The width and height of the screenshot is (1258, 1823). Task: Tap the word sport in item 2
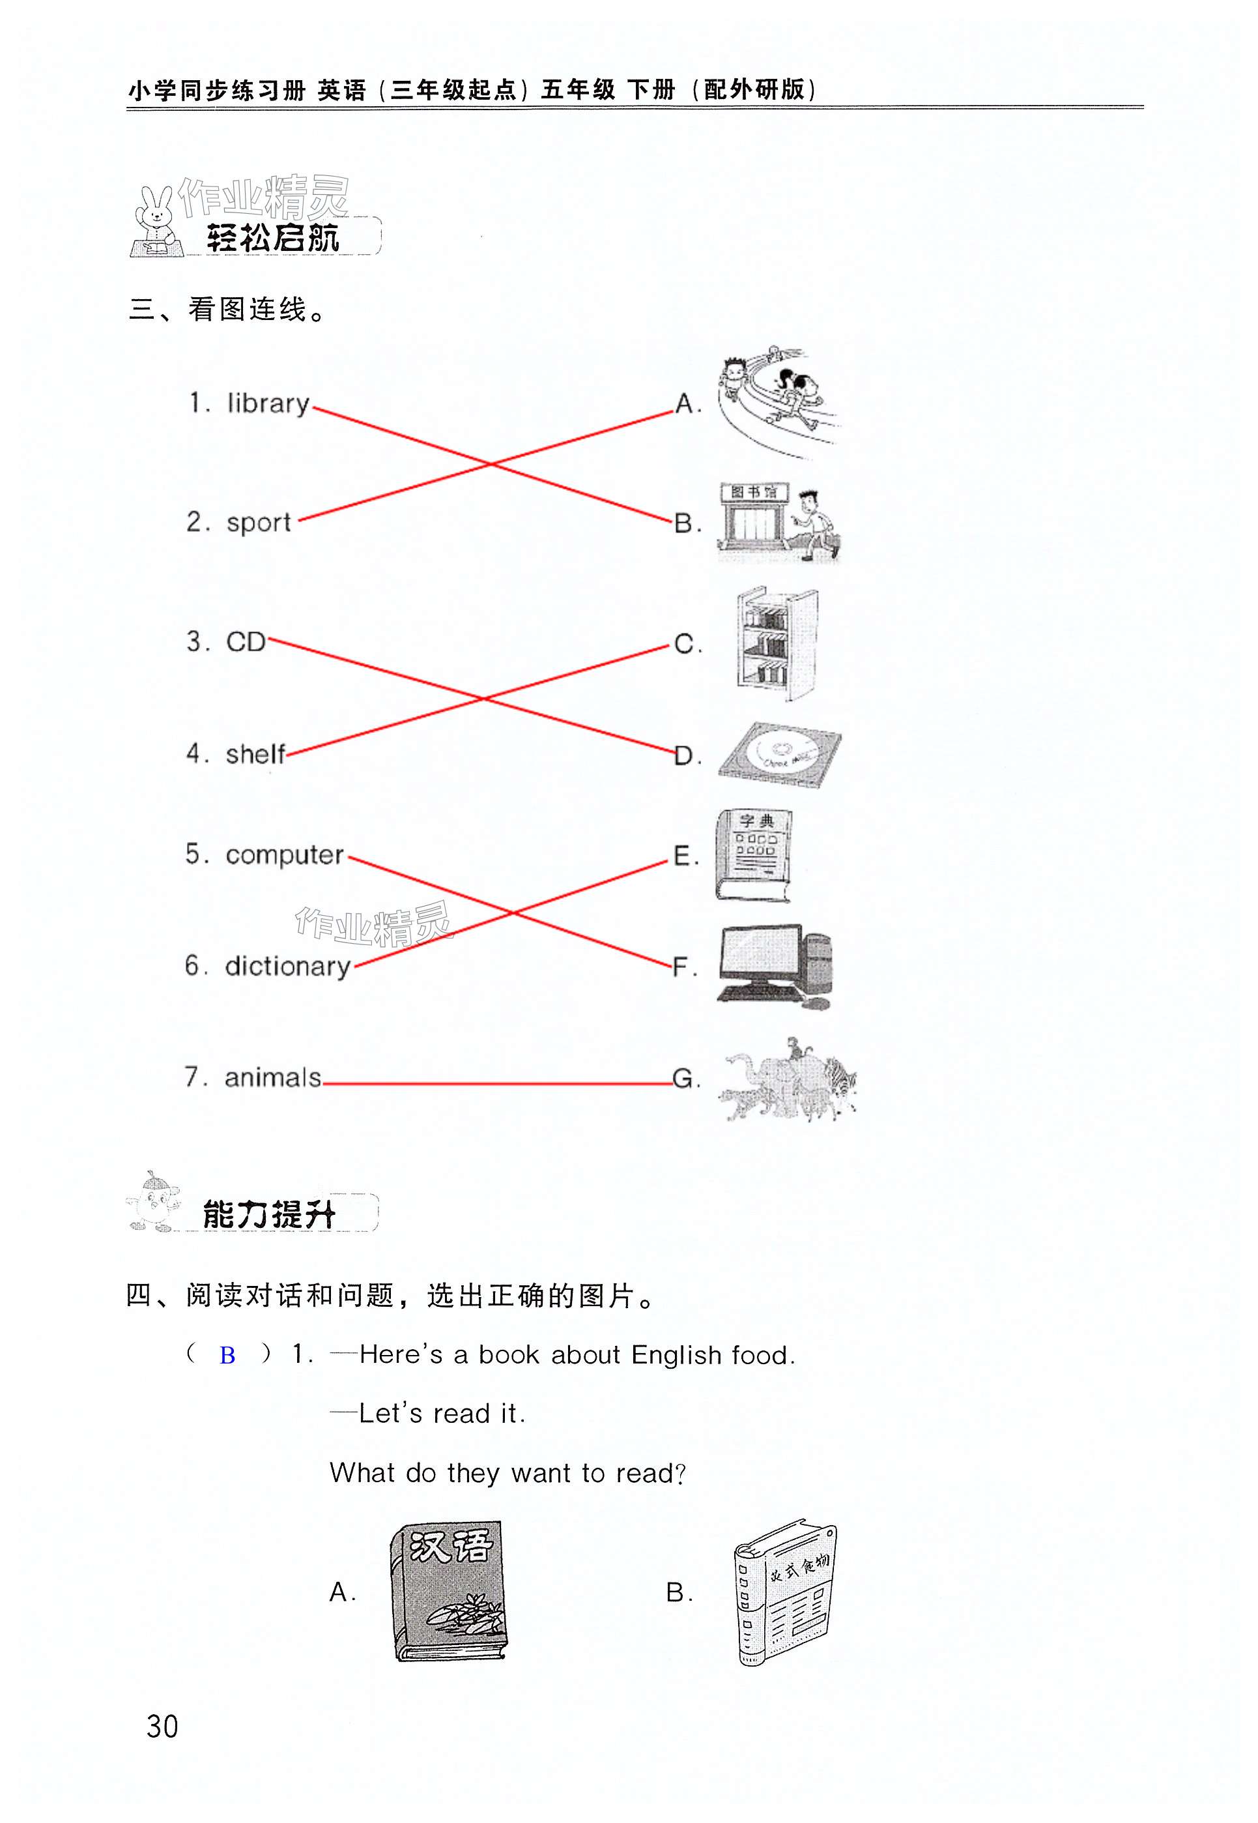(x=259, y=523)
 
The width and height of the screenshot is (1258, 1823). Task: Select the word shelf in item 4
(x=255, y=755)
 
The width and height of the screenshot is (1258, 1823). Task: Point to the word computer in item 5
(x=285, y=856)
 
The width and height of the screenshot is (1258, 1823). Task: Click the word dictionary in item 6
(x=288, y=967)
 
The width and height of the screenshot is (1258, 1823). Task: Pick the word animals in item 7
(x=273, y=1078)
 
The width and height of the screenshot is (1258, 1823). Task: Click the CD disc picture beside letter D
(x=779, y=755)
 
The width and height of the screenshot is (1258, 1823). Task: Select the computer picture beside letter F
(x=775, y=966)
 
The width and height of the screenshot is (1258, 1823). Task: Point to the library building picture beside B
(x=777, y=523)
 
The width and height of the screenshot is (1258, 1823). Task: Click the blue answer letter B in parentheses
(x=227, y=1356)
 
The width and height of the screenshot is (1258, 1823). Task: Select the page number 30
(x=162, y=1727)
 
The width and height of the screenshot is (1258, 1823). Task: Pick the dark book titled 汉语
(x=448, y=1591)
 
